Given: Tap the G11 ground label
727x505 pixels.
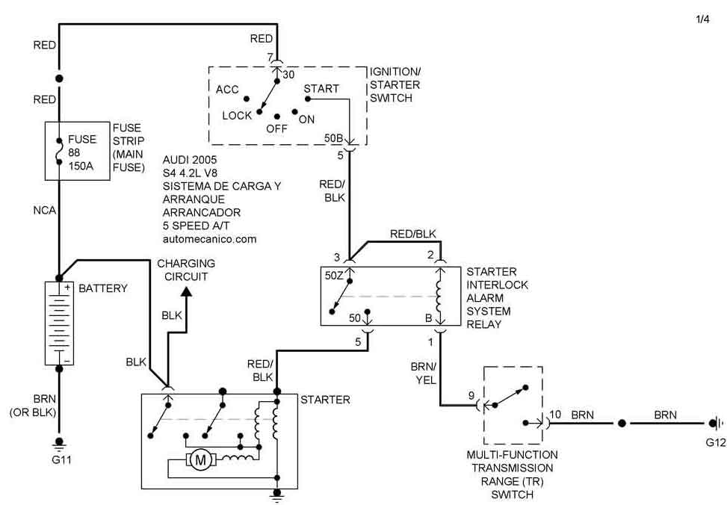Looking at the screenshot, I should (x=61, y=459).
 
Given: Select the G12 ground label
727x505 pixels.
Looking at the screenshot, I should (x=715, y=442).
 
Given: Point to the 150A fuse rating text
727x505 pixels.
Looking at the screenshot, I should (x=81, y=166).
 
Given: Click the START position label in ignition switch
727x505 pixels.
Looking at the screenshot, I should (x=321, y=88).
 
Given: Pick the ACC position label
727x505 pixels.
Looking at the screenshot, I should (x=227, y=90).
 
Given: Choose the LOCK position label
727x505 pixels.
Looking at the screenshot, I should (x=237, y=116).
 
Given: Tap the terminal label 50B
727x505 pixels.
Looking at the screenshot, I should (x=334, y=139).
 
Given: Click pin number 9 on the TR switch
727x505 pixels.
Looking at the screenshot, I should (x=471, y=395).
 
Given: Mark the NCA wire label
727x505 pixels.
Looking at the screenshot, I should (x=45, y=211).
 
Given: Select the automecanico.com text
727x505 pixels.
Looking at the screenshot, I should (x=209, y=239).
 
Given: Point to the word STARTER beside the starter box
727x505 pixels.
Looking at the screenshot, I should (x=325, y=400).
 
